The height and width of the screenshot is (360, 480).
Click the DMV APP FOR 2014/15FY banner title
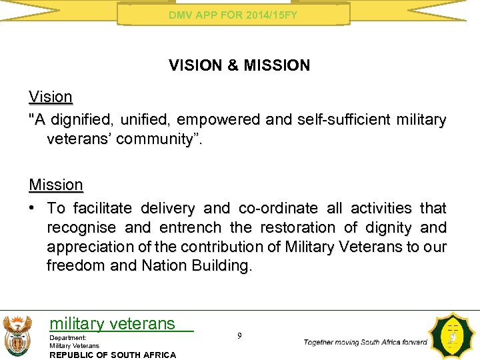coord(233,14)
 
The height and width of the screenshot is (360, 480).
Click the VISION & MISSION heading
coord(239,65)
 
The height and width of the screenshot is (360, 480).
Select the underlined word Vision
coord(50,97)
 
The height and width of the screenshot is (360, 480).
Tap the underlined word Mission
coord(56,184)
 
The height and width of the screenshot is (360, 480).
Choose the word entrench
coord(190,228)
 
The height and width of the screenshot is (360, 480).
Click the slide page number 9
coord(239,336)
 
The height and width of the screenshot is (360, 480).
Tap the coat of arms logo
coord(17,335)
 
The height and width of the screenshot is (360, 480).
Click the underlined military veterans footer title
coord(112,324)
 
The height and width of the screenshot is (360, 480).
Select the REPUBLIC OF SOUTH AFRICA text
coord(113,355)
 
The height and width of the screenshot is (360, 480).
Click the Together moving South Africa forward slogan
coord(365,342)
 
